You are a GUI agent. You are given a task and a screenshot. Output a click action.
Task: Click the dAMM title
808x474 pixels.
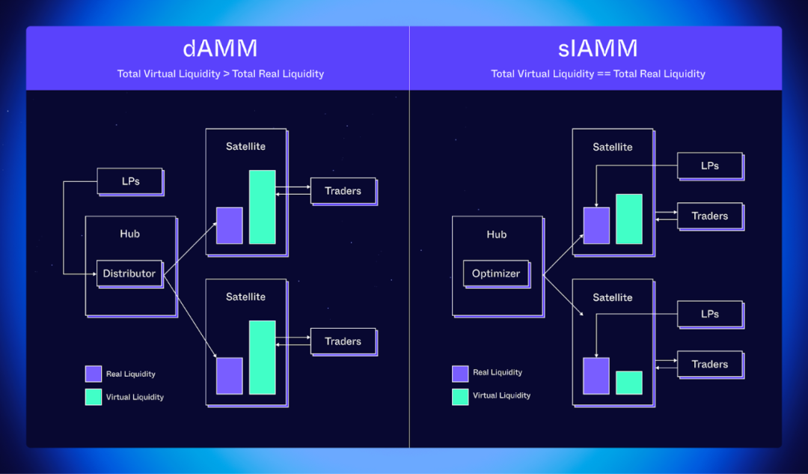tap(220, 49)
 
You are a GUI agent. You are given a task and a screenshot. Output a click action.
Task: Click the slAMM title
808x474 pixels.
tap(598, 49)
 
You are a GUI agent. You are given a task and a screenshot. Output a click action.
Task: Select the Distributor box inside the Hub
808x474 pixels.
tap(129, 273)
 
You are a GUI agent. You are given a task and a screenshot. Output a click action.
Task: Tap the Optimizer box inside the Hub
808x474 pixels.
tap(495, 273)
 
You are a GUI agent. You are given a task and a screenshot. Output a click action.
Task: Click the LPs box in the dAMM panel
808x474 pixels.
tap(130, 181)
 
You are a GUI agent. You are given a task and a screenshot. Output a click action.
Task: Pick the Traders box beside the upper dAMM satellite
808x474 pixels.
tap(343, 191)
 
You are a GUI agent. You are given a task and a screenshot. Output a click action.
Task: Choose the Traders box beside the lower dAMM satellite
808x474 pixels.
tap(343, 341)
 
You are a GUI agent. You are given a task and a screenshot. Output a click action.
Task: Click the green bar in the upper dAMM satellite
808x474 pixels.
tap(262, 207)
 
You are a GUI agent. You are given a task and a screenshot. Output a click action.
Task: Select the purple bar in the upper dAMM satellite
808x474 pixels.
tap(229, 225)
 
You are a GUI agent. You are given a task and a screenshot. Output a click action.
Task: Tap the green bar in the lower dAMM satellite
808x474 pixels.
tap(262, 357)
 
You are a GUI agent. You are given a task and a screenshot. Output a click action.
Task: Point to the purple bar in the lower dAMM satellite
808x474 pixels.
tap(229, 376)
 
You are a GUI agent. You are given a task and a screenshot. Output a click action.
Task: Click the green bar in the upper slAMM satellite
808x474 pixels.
tap(628, 219)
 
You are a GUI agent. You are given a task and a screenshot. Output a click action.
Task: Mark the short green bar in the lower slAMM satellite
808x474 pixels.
tap(628, 383)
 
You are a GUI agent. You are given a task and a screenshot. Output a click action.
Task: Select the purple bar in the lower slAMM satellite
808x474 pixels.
tap(596, 376)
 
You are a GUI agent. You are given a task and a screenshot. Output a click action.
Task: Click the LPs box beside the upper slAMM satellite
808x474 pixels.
tap(709, 165)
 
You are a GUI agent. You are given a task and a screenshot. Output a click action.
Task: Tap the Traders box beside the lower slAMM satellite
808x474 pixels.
tap(709, 365)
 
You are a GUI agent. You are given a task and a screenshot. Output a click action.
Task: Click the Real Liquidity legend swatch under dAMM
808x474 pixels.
tap(94, 374)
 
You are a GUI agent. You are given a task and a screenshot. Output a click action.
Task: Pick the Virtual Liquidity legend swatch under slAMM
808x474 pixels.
tap(460, 396)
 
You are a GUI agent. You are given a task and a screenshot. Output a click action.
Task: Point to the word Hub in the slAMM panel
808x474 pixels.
tap(496, 234)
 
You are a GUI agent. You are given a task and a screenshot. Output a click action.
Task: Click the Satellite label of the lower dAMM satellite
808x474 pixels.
tap(245, 297)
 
